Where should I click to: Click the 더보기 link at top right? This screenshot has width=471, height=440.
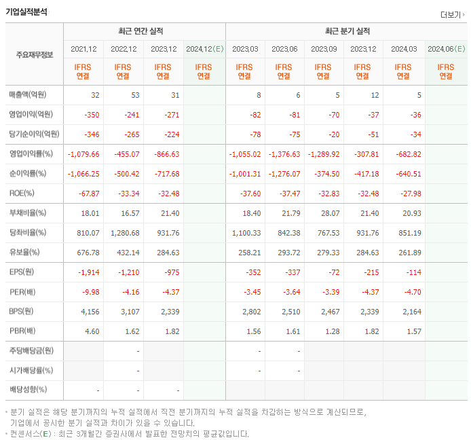click(x=452, y=14)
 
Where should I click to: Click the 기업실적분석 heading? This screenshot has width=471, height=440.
click(x=27, y=12)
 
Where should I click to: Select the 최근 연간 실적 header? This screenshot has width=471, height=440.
click(x=144, y=31)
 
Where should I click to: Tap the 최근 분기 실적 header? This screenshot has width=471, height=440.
click(x=347, y=31)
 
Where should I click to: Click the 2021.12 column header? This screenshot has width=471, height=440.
click(x=83, y=49)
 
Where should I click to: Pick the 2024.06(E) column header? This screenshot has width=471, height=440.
click(x=446, y=49)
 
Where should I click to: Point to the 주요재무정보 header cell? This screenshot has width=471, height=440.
click(x=35, y=56)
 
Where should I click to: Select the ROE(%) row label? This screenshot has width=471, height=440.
click(x=22, y=194)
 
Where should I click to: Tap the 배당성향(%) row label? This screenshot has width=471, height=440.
click(x=29, y=390)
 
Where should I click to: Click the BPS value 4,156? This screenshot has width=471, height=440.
click(x=90, y=312)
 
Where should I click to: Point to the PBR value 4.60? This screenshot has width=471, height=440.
click(x=92, y=331)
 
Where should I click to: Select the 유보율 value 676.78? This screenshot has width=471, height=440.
click(x=88, y=253)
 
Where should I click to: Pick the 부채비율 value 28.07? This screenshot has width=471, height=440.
click(x=328, y=213)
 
